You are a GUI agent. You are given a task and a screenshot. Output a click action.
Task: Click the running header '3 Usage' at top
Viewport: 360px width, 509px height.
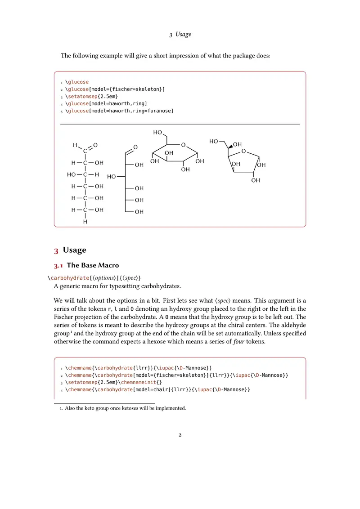180,35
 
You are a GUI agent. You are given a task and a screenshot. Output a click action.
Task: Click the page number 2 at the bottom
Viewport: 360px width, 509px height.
180,435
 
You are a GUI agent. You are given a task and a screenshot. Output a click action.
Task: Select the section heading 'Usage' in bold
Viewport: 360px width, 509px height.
74,250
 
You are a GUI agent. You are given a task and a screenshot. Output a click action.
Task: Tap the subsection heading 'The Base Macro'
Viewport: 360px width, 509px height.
93,265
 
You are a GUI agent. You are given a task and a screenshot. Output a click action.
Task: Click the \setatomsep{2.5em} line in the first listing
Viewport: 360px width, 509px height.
92,96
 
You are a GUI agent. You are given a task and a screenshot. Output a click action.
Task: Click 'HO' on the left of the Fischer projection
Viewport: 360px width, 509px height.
71,174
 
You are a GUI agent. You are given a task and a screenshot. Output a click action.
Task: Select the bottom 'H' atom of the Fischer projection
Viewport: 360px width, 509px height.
85,222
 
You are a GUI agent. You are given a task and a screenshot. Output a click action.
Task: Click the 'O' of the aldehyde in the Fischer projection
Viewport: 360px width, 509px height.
95,145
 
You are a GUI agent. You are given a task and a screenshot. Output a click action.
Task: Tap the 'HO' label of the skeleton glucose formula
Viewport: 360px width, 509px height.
112,177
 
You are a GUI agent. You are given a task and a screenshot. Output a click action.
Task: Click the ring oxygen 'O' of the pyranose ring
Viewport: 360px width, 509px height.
183,145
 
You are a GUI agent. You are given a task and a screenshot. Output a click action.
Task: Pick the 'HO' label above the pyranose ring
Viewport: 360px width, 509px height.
157,133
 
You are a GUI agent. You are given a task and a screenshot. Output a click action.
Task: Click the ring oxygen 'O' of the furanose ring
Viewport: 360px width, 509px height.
243,152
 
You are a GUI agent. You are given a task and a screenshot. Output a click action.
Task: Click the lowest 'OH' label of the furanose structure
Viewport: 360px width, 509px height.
256,181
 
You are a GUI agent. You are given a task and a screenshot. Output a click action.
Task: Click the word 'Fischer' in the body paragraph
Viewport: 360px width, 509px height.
63,317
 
